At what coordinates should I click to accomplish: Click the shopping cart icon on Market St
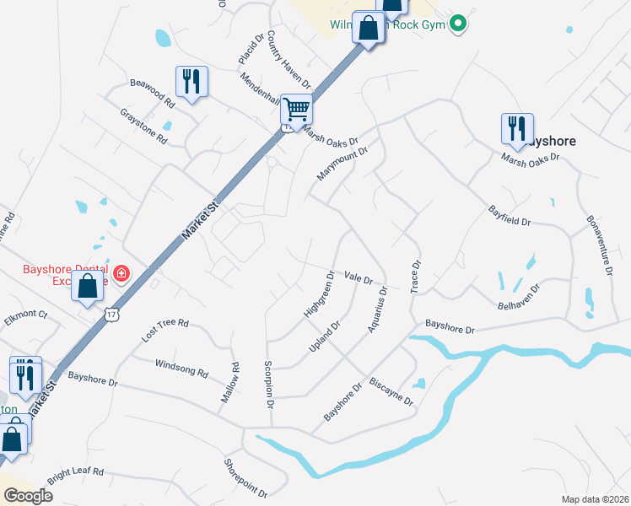(x=296, y=109)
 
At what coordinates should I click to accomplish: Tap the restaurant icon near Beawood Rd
(x=191, y=82)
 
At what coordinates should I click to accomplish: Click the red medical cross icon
(x=121, y=273)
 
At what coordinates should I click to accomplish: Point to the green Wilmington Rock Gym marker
(x=458, y=24)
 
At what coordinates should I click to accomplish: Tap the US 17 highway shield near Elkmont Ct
(x=111, y=314)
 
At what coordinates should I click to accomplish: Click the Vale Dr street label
(x=359, y=277)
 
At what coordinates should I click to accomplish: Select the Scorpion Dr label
(x=269, y=385)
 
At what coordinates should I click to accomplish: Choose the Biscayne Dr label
(x=391, y=391)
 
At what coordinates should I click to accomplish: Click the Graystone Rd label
(x=143, y=126)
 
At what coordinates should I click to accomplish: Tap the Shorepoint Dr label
(x=245, y=477)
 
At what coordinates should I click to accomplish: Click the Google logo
(x=28, y=495)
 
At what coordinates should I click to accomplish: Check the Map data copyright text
(x=595, y=498)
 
